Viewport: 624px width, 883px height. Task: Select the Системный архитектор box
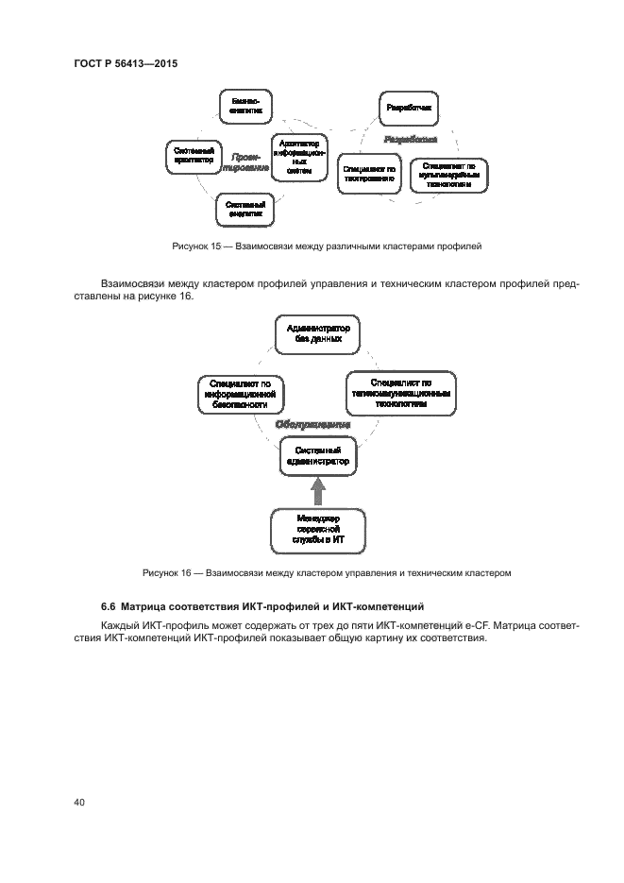tap(194, 156)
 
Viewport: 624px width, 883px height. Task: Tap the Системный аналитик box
tap(245, 210)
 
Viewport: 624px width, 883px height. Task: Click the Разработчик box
tap(409, 110)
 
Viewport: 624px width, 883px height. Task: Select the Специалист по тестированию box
tap(368, 173)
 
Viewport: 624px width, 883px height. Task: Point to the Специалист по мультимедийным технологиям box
tap(448, 173)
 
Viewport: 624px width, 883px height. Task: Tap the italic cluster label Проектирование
tap(246, 161)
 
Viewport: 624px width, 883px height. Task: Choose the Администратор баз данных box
tap(317, 333)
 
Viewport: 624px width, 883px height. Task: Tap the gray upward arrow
tap(317, 492)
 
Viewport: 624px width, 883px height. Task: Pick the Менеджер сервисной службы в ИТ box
tap(317, 531)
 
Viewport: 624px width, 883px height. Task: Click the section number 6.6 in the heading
tap(108, 605)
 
